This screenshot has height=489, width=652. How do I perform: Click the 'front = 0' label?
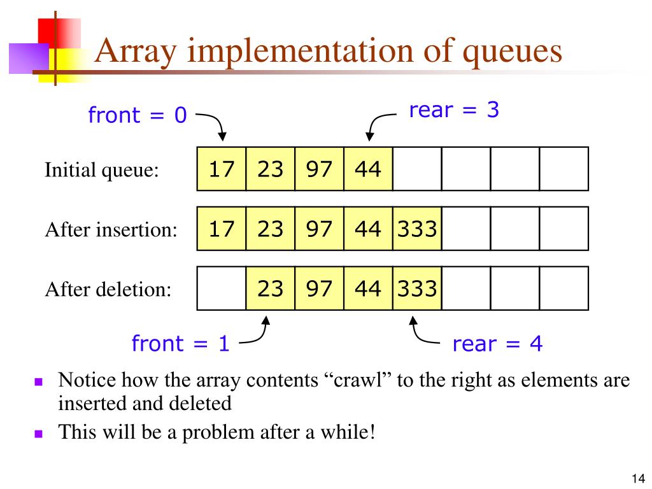coord(138,115)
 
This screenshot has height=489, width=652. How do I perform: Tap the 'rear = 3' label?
coord(454,110)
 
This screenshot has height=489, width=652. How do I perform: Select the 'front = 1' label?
coord(180,344)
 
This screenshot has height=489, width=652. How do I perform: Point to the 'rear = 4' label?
coord(497,344)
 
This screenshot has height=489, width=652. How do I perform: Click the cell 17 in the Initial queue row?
coord(222,169)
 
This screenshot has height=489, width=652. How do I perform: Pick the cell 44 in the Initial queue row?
coord(368,169)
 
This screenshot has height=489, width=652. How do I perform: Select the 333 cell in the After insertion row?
coord(417,228)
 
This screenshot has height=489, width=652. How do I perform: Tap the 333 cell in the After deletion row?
coord(417,288)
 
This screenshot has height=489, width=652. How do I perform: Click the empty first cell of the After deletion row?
coord(222,288)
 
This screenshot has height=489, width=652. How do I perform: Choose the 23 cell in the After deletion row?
coord(270,288)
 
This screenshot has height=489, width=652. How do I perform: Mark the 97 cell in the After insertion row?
coord(319,228)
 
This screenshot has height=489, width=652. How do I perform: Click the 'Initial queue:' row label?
coord(101,170)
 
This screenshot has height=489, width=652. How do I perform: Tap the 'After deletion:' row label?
coord(108,290)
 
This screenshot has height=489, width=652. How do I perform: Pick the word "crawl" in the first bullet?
coord(361,381)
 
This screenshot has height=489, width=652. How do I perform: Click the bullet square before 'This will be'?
coord(38,434)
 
